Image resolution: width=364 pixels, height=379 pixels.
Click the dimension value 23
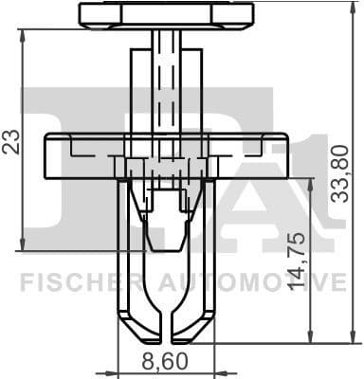tap(11, 141)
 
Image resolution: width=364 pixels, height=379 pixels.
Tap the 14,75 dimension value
tap(296, 260)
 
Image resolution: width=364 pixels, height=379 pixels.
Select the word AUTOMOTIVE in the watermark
tap(248, 282)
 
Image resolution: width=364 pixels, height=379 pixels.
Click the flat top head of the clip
tap(167, 14)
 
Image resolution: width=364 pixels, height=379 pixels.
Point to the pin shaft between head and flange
tap(167, 85)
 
